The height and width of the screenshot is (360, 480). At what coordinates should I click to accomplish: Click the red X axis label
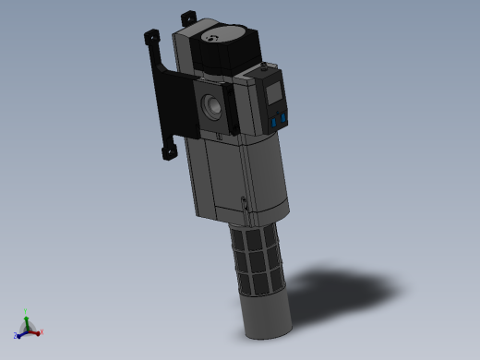(42, 332)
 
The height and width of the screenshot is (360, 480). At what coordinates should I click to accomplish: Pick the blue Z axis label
(16, 336)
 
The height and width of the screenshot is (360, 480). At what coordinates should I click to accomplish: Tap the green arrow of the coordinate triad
(28, 320)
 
